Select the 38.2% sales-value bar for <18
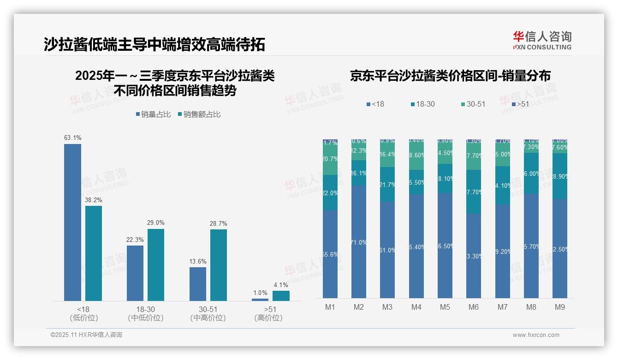click(94, 253)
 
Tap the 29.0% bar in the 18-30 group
click(156, 265)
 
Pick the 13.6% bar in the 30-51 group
click(198, 284)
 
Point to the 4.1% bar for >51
click(281, 296)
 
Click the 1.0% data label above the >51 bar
click(260, 293)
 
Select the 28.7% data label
click(219, 224)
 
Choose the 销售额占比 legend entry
click(199, 114)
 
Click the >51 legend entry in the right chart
click(520, 104)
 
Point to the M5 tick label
click(445, 307)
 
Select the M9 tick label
click(559, 307)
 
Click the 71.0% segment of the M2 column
click(359, 242)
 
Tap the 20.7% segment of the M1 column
click(330, 159)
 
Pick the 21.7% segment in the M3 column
click(387, 185)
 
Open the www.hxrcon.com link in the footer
click(536, 335)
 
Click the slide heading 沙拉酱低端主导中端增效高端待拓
click(154, 45)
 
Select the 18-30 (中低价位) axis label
click(146, 313)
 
